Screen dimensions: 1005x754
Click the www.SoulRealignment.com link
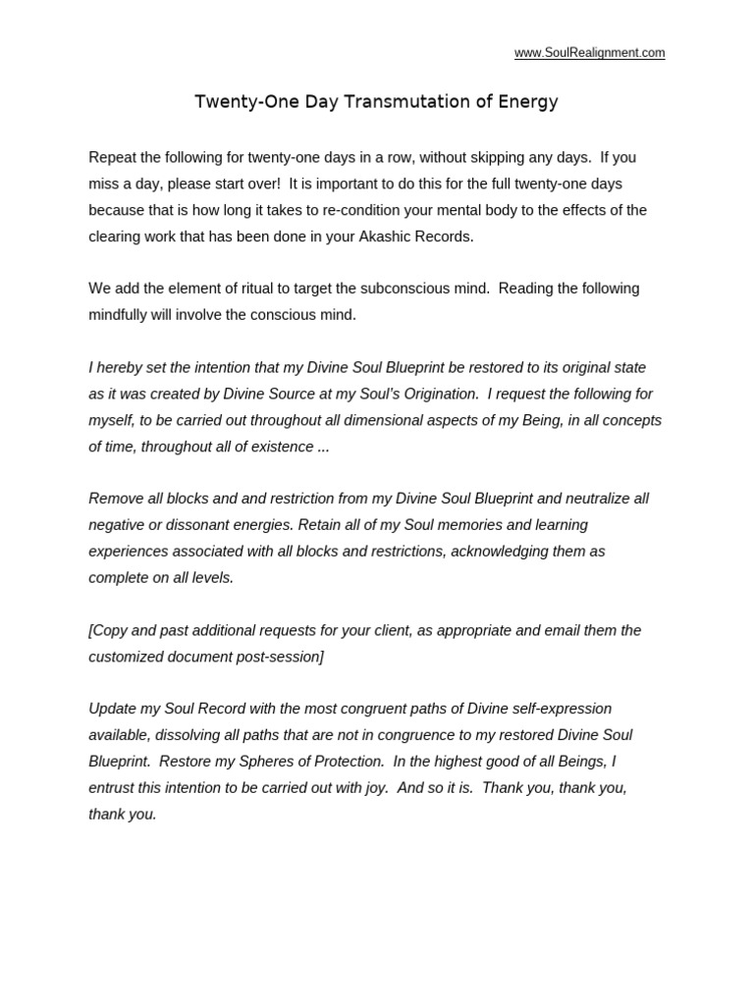589,53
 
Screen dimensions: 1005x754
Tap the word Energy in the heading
529,102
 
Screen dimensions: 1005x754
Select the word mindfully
124,315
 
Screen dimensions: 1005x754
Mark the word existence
283,447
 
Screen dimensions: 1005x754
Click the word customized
124,657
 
